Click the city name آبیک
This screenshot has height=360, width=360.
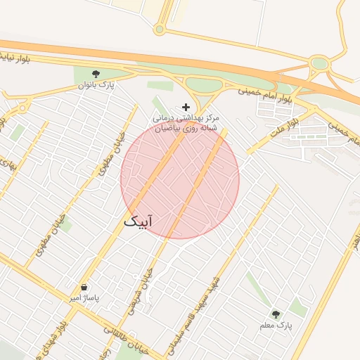pyautogui.click(x=139, y=221)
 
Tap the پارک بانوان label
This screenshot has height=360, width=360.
pyautogui.click(x=96, y=86)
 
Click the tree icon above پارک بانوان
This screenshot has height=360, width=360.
pyautogui.click(x=96, y=73)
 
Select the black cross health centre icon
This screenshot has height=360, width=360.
pyautogui.click(x=186, y=107)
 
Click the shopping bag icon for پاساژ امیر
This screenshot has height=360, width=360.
pyautogui.click(x=84, y=288)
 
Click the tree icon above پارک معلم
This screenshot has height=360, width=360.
pyautogui.click(x=275, y=314)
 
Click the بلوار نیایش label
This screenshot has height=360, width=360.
pyautogui.click(x=13, y=57)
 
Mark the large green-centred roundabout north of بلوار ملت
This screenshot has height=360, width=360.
pyautogui.click(x=320, y=64)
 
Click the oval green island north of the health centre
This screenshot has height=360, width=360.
pyautogui.click(x=204, y=85)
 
